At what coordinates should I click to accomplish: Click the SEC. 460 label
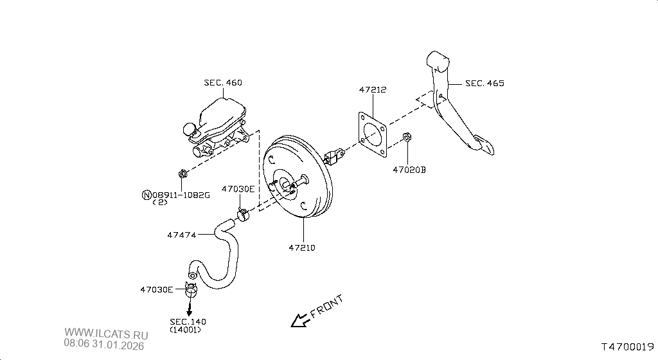click(x=223, y=83)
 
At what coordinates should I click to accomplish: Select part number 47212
click(x=373, y=89)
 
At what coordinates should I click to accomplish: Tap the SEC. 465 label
click(x=485, y=83)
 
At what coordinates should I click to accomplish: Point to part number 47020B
click(x=409, y=170)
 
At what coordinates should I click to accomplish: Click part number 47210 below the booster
click(x=302, y=248)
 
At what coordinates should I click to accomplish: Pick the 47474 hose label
click(x=182, y=235)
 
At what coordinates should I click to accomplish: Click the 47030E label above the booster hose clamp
click(x=238, y=189)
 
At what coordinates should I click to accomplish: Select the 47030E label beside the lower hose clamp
click(x=157, y=289)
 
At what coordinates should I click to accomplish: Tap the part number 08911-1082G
click(x=181, y=195)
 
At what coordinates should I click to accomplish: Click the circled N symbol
click(x=147, y=195)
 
